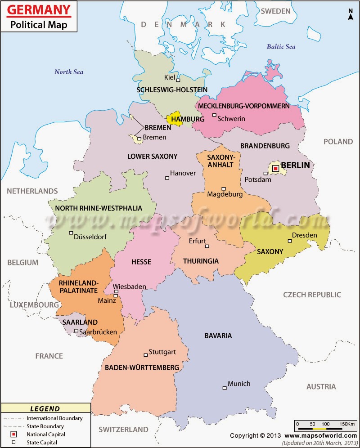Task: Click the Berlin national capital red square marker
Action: click(275, 169)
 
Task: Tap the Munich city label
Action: click(239, 384)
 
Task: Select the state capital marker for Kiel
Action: click(178, 81)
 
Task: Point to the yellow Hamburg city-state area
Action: click(175, 118)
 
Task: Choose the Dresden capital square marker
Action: click(290, 241)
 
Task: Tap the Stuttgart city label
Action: click(162, 352)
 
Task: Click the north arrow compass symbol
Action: click(351, 14)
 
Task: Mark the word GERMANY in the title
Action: click(40, 9)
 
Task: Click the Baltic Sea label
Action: click(281, 46)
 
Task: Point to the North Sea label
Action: click(69, 72)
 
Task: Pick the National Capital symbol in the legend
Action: click(14, 435)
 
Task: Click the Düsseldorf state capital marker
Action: click(71, 233)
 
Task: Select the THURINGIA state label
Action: click(201, 261)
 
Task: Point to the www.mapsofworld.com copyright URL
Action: click(320, 436)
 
